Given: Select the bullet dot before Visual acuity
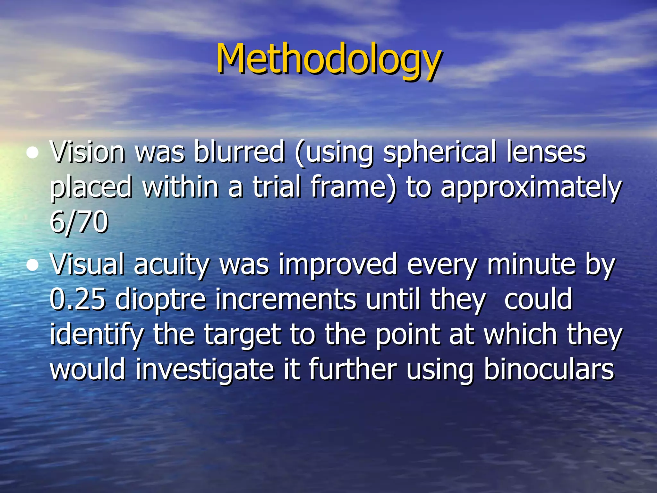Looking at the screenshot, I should pos(32,266).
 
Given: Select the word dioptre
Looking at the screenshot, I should pos(160,300).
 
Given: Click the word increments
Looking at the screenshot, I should pos(286,300).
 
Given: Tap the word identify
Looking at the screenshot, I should pos(97,335).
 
